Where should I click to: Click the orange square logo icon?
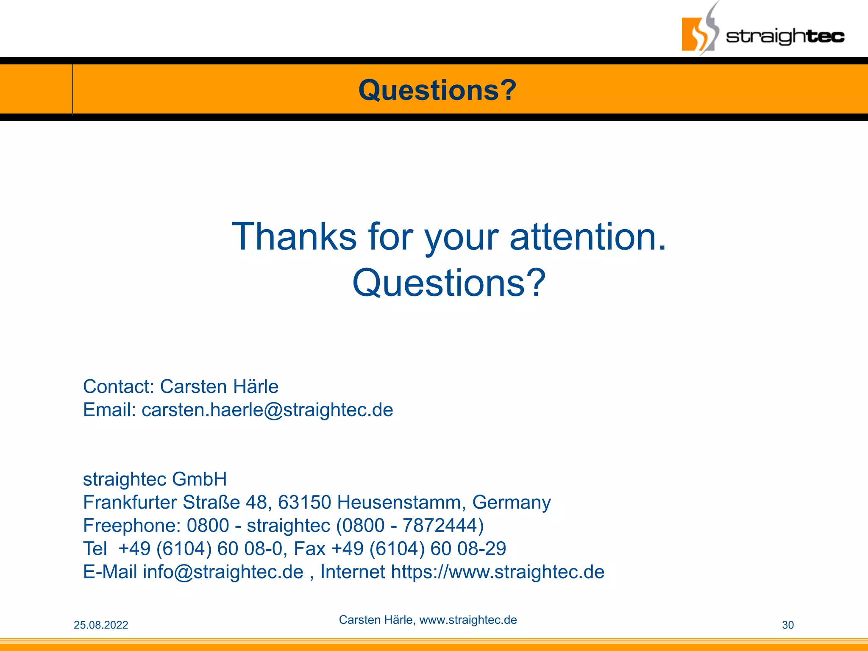(695, 34)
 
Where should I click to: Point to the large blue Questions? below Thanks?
(449, 283)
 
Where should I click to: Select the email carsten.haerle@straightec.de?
(267, 410)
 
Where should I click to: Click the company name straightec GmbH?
(155, 479)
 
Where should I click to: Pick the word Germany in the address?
(511, 502)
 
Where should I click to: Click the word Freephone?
(132, 526)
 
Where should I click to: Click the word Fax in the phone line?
(309, 548)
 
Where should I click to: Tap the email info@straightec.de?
(223, 572)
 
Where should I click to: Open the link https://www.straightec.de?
(497, 572)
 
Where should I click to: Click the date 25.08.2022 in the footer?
(101, 625)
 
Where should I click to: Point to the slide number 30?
(787, 625)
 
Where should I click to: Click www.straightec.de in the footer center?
(468, 620)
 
